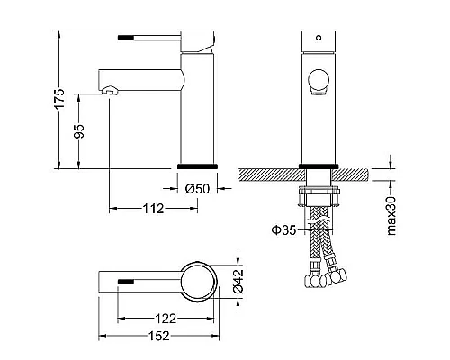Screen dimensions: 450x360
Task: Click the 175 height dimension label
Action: pyautogui.click(x=60, y=98)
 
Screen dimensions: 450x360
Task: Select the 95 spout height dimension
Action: pyautogui.click(x=79, y=131)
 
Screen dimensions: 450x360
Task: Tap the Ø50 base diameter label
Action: pyautogui.click(x=197, y=189)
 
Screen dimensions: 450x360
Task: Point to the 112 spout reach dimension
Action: pyautogui.click(x=153, y=209)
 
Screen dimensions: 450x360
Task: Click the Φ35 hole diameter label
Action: pyautogui.click(x=283, y=230)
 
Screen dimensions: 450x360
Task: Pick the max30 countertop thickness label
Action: pyautogui.click(x=391, y=216)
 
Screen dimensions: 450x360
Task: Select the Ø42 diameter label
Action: pyautogui.click(x=238, y=281)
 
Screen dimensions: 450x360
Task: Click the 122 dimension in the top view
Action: pyautogui.click(x=166, y=319)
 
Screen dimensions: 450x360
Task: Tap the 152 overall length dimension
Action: pyautogui.click(x=159, y=336)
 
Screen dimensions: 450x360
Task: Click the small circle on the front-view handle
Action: pyautogui.click(x=319, y=38)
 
